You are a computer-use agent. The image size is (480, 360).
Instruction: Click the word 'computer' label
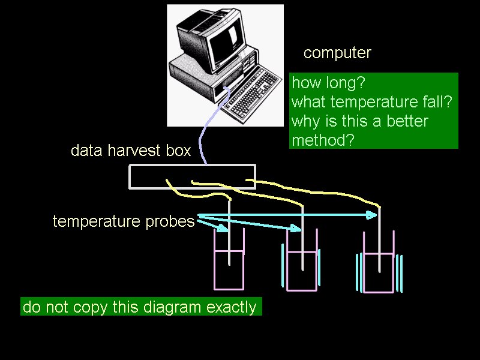337,53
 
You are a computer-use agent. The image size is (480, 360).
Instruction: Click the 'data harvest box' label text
131,151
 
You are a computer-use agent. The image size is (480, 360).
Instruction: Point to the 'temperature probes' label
124,221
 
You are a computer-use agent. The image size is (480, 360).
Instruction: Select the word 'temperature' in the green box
374,101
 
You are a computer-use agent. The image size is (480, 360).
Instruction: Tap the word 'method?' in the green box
323,140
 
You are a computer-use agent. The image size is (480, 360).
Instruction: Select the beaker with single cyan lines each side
302,260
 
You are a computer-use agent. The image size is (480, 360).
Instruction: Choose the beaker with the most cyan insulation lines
379,262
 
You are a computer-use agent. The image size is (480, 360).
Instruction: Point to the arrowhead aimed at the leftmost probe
223,228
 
